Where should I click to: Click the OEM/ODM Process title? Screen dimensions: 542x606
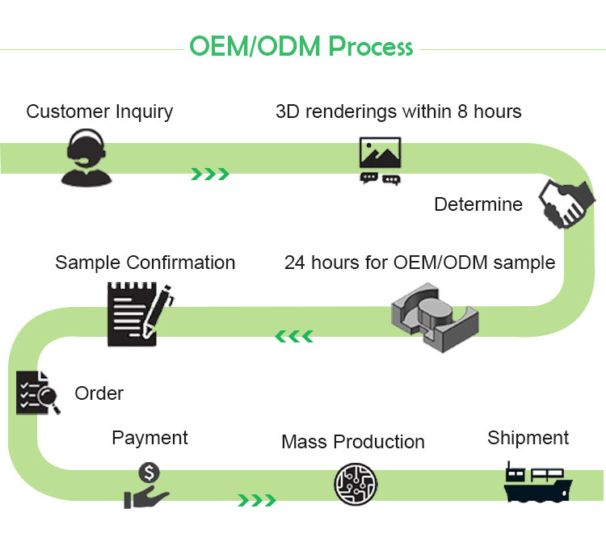(301, 46)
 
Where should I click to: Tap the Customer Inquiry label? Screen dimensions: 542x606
(99, 111)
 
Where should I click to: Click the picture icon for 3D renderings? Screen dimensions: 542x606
(380, 161)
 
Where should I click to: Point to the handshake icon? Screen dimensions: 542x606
(564, 207)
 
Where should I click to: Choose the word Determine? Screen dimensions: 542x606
(478, 204)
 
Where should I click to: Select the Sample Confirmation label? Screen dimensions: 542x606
(145, 263)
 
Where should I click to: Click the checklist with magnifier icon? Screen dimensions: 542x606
(37, 393)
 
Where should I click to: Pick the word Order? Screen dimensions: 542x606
(99, 394)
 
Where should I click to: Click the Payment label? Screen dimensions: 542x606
(149, 438)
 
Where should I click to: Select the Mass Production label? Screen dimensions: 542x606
(353, 442)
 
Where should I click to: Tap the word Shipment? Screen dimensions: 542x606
(528, 438)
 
